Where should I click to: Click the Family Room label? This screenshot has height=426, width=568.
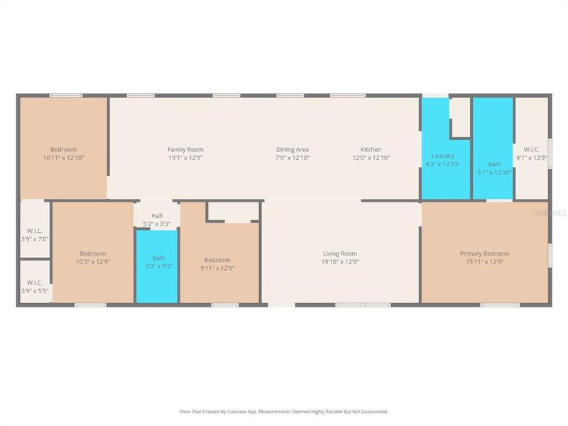pyautogui.click(x=185, y=149)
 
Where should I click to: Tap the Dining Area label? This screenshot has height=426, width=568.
pyautogui.click(x=293, y=149)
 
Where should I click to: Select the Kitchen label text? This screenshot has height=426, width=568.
pyautogui.click(x=371, y=149)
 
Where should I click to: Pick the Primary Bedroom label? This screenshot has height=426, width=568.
pyautogui.click(x=484, y=253)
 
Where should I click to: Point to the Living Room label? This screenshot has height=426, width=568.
pyautogui.click(x=339, y=253)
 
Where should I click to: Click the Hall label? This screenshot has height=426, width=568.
pyautogui.click(x=157, y=215)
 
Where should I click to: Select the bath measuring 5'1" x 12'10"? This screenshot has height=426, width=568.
pyautogui.click(x=493, y=168)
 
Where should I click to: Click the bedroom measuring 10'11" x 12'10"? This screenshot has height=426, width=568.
pyautogui.click(x=63, y=153)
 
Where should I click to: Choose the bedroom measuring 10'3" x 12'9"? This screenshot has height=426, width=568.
pyautogui.click(x=92, y=258)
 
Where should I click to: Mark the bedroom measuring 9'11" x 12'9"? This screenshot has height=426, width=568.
pyautogui.click(x=217, y=263)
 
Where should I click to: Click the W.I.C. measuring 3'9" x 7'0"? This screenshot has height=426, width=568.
pyautogui.click(x=35, y=234)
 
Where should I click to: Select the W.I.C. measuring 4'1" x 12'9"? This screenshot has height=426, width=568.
pyautogui.click(x=532, y=153)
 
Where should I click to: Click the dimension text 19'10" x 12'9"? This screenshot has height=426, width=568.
pyautogui.click(x=339, y=261)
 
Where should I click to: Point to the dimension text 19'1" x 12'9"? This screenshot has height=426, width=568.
pyautogui.click(x=185, y=158)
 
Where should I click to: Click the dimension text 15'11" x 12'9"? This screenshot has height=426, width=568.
pyautogui.click(x=484, y=261)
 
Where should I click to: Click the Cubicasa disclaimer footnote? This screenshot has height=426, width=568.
pyautogui.click(x=284, y=411)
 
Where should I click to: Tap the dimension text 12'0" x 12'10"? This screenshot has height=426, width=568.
pyautogui.click(x=371, y=158)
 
